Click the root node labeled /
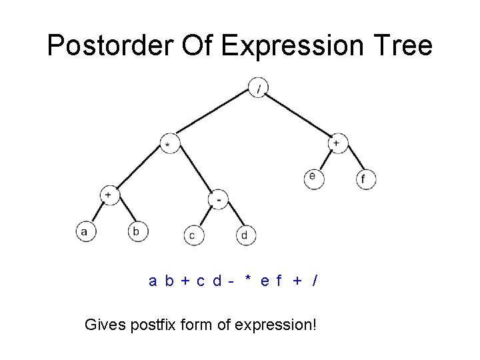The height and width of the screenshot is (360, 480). click(258, 88)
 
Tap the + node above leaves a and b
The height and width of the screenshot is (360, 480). click(109, 195)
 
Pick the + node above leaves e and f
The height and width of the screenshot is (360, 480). click(337, 143)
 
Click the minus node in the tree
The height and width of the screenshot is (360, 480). click(219, 199)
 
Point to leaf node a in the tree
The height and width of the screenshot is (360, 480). click(85, 231)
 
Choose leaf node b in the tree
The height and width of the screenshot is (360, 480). click(137, 231)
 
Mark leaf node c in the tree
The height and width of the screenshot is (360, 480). click(193, 235)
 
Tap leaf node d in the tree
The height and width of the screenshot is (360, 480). click(245, 235)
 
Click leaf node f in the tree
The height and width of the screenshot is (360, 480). click(365, 179)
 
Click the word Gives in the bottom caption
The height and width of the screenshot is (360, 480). click(102, 325)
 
